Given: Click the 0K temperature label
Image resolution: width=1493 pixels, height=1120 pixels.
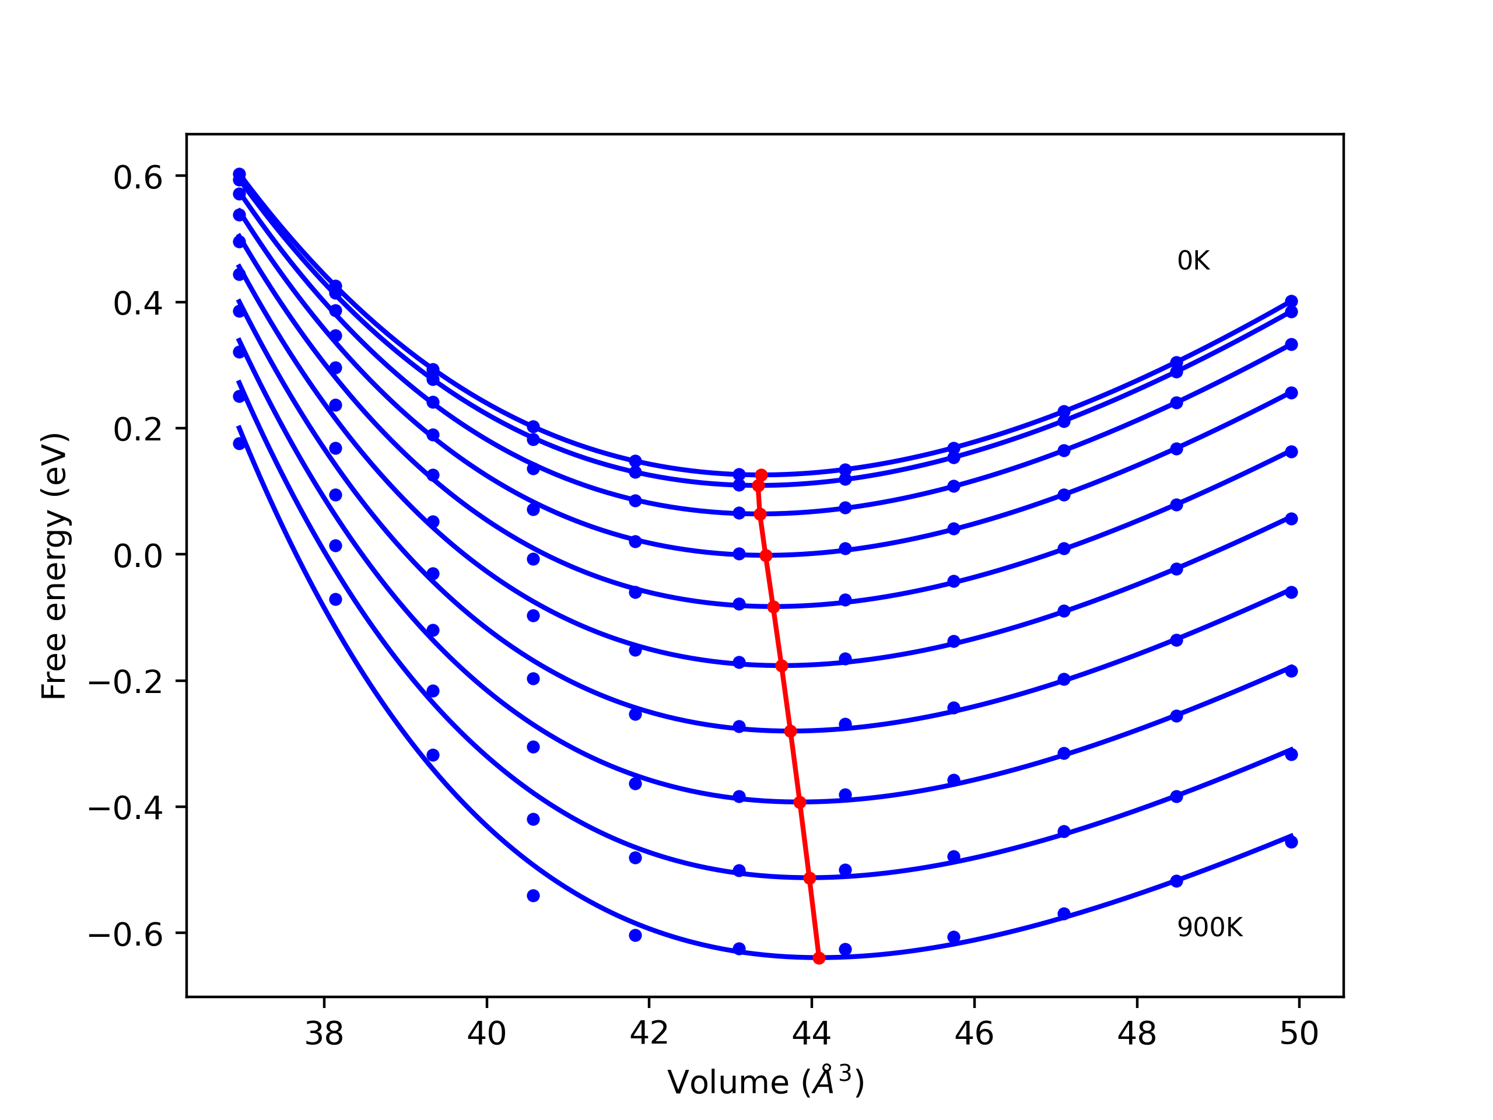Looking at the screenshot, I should tap(1193, 261).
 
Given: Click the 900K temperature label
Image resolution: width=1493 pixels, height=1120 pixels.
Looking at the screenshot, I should tap(1210, 928).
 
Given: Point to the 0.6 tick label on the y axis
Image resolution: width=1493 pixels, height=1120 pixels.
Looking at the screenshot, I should tap(138, 178).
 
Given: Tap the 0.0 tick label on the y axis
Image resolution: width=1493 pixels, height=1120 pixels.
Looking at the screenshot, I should tap(138, 557).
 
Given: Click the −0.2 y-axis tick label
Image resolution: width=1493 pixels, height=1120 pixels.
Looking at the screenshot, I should tap(125, 683).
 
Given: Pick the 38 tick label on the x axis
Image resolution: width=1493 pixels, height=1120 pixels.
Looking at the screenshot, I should tap(324, 1034).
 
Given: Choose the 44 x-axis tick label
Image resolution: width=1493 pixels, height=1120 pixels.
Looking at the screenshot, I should tap(811, 1034).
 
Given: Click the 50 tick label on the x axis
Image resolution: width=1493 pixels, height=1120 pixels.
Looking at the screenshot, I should tap(1299, 1034).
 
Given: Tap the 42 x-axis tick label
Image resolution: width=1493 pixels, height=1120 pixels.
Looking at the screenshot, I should tap(649, 1034).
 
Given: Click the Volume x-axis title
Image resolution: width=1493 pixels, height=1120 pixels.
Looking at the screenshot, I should tap(765, 1083).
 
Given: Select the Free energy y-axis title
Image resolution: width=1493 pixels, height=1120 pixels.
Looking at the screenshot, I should tap(54, 566).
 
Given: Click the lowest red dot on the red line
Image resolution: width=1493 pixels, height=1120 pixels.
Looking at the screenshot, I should tap(819, 958).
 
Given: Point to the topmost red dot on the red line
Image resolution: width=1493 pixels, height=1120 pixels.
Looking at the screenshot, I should tap(761, 475).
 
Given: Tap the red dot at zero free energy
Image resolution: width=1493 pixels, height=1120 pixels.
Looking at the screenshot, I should tap(765, 555).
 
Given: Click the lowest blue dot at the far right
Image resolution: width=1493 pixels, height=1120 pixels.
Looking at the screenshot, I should tap(1291, 842).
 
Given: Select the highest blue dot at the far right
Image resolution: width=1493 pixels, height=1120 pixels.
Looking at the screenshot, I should tap(1291, 301).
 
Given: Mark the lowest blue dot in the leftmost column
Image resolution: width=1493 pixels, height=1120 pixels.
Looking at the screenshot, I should tap(239, 443).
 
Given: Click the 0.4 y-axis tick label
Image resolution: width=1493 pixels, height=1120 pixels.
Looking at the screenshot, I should tap(138, 304).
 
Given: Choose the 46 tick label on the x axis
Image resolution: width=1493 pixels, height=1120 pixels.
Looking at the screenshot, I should tap(974, 1034).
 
